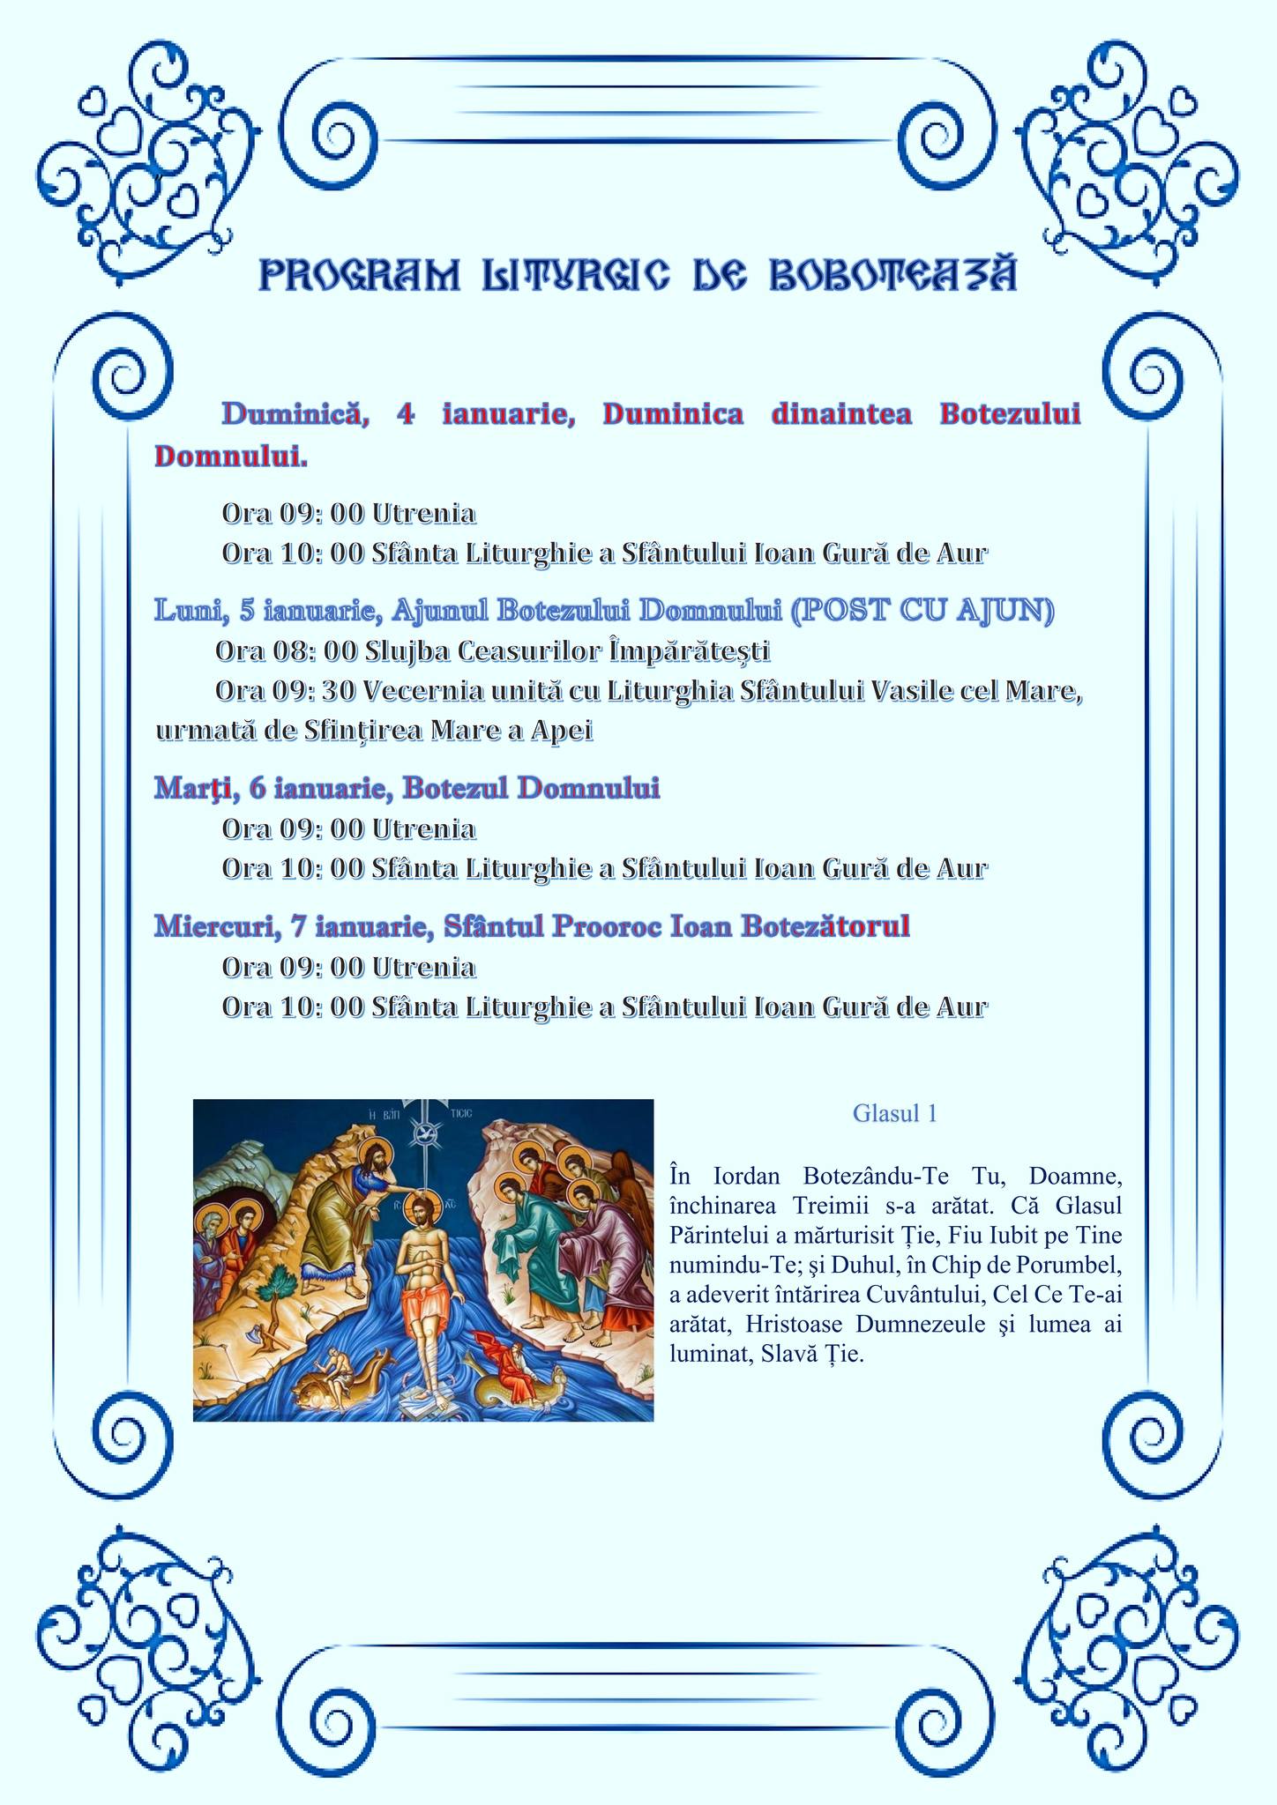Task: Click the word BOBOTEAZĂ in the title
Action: coord(894,275)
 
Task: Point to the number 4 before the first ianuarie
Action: coord(406,414)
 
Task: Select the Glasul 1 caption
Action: coord(894,1114)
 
